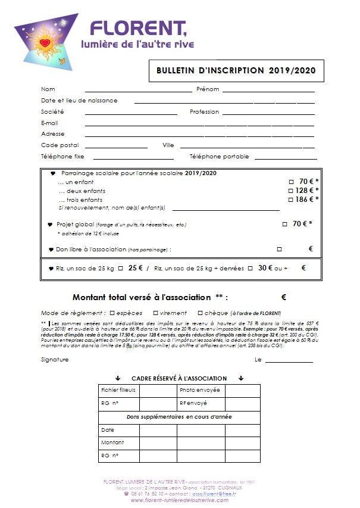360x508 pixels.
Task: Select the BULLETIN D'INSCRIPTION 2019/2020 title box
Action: tap(236, 70)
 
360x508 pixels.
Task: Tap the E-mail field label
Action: tap(49, 123)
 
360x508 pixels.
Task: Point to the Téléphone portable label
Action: tap(219, 157)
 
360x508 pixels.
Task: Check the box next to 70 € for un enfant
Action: tap(291, 182)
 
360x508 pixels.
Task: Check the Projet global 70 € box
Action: tap(284, 225)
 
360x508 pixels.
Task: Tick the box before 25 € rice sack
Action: tap(120, 269)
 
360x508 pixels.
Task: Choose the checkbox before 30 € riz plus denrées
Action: tap(250, 269)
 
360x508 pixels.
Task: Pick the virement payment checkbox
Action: tap(155, 313)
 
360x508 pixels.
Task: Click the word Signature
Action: tap(55, 360)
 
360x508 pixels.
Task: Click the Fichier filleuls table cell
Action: tap(118, 390)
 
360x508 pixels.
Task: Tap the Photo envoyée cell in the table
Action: tap(200, 390)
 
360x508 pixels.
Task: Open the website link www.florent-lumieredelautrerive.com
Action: tap(179, 500)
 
